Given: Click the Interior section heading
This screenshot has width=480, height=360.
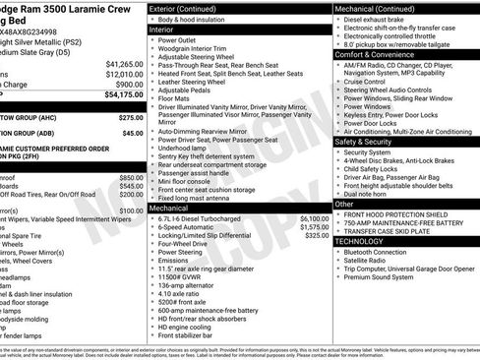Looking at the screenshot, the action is [161, 30].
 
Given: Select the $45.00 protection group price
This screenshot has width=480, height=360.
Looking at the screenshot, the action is [132, 133].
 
